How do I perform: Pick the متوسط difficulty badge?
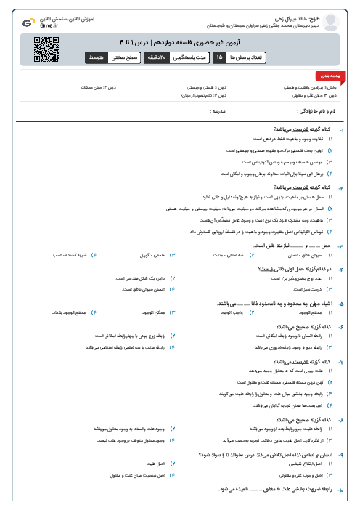pos(97,56)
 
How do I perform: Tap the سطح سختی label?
pos(126,56)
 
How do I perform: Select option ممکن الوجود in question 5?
pos(150,312)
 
